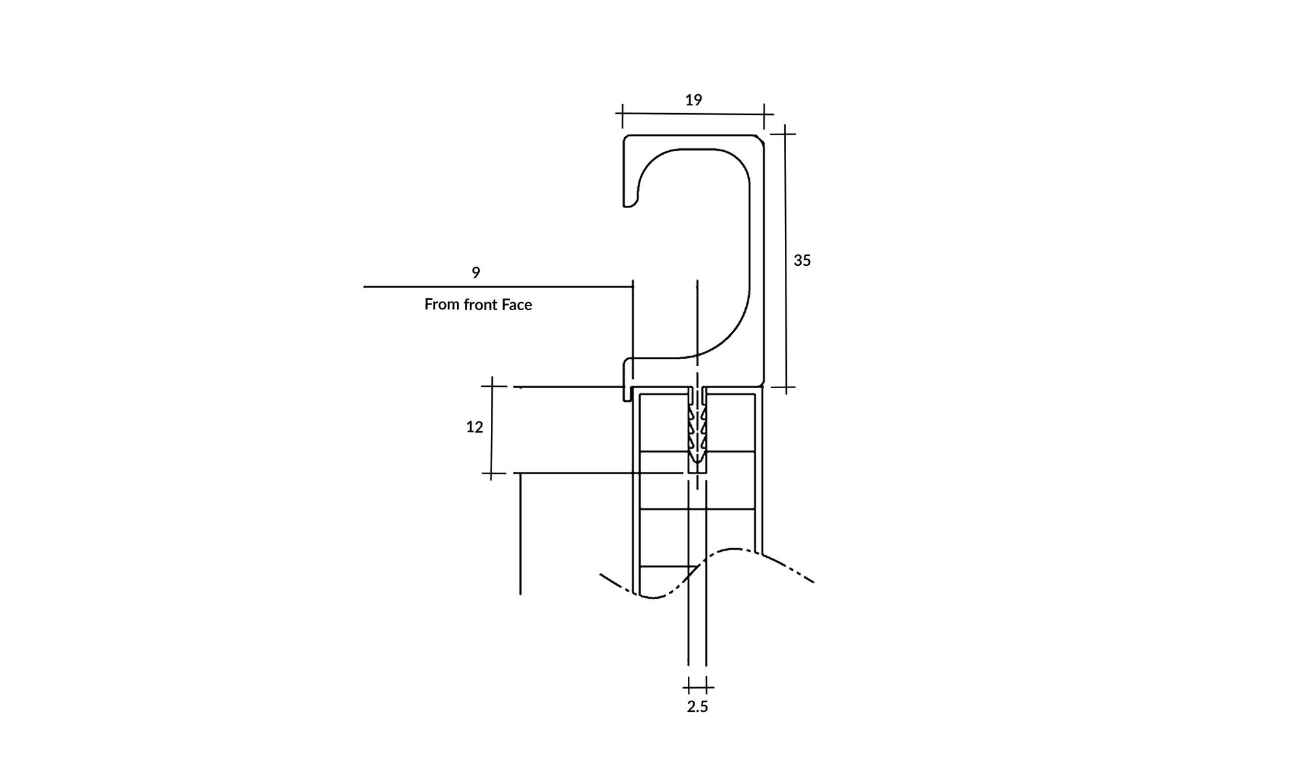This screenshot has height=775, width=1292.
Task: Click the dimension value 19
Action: (x=694, y=100)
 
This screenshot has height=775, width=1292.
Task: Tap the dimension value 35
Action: (x=802, y=261)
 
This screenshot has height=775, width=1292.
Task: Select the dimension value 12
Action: (x=475, y=427)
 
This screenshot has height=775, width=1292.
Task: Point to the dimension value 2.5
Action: (x=697, y=707)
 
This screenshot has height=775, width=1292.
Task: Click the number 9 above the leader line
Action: (x=476, y=273)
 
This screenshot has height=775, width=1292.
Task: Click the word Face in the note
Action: (x=516, y=305)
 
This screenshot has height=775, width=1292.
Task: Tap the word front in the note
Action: (x=478, y=305)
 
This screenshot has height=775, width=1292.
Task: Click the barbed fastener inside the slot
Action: (x=697, y=432)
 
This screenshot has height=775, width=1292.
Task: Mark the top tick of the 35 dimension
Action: (x=785, y=134)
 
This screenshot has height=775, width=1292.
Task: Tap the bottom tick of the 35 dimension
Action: (x=786, y=389)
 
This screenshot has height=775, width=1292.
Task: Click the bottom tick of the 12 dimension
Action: (x=492, y=473)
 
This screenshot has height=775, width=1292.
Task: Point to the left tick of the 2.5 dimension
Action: (x=689, y=687)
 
